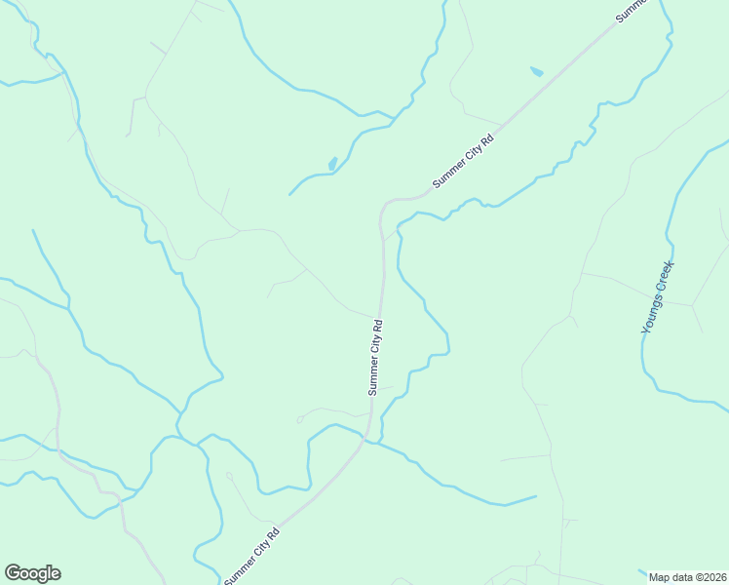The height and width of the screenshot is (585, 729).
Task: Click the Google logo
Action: pyautogui.click(x=32, y=573)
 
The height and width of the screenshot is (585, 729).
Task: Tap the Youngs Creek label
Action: pyautogui.click(x=658, y=296)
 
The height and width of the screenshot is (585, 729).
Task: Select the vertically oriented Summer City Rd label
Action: pyautogui.click(x=376, y=356)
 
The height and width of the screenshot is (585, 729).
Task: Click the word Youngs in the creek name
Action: pyautogui.click(x=653, y=313)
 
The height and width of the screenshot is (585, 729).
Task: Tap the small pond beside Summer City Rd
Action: pyautogui.click(x=536, y=71)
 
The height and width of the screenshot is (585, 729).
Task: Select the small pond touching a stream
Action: pyautogui.click(x=333, y=163)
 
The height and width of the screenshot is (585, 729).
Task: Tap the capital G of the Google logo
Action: pyautogui.click(x=13, y=573)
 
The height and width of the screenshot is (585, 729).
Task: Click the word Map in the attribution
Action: pyautogui.click(x=660, y=577)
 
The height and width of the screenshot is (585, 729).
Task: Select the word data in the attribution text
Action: pyautogui.click(x=681, y=577)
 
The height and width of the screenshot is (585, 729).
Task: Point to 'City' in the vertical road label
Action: pyautogui.click(x=376, y=351)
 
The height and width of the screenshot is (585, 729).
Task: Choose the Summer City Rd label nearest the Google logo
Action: pyautogui.click(x=252, y=556)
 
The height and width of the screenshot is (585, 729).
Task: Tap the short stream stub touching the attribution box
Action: pyautogui.click(x=641, y=571)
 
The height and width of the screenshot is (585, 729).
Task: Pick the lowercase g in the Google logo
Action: pyautogui.click(x=44, y=575)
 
